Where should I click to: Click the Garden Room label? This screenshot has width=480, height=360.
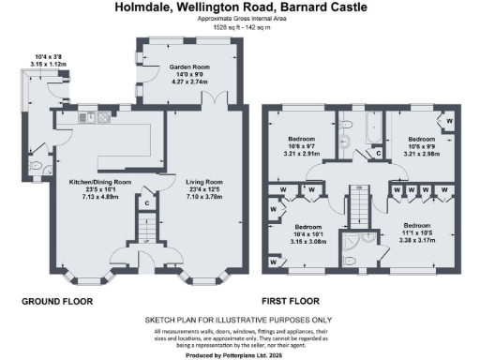coord(188,68)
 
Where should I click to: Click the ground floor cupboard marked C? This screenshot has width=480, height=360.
coord(147,202)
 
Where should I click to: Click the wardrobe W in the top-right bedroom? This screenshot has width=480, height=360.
coord(448,121)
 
